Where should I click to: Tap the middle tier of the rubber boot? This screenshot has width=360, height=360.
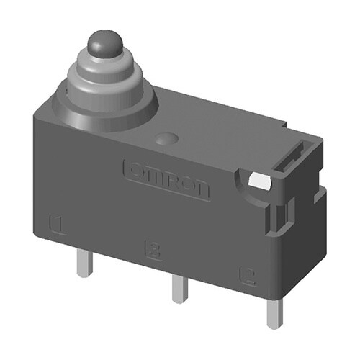coord(107,78)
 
